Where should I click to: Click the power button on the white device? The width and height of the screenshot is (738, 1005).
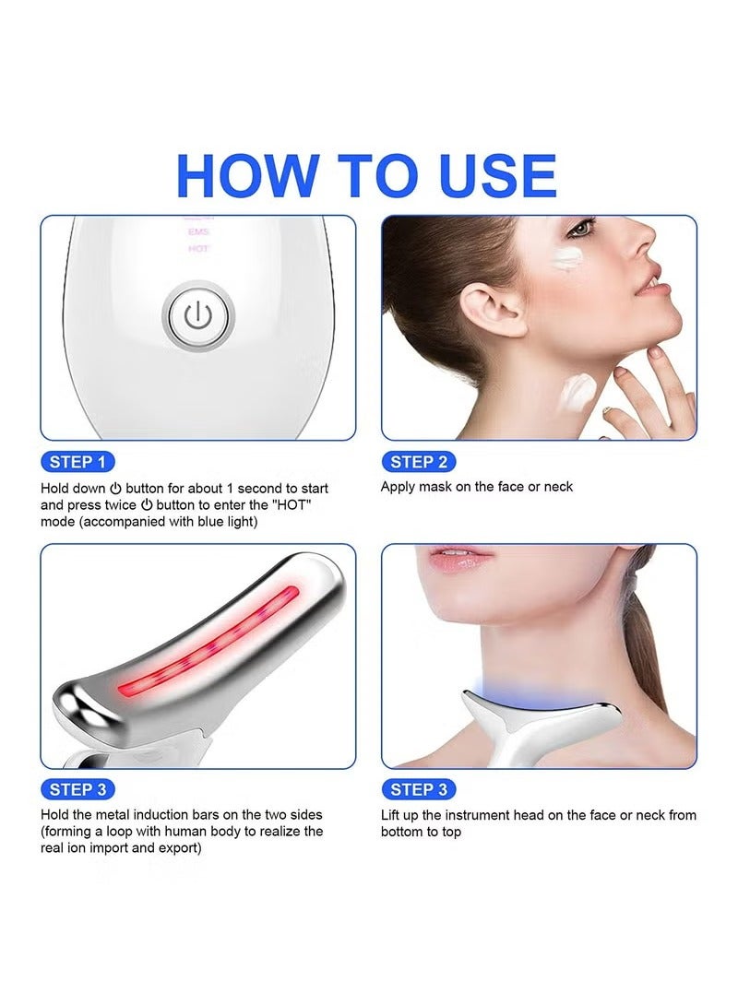click(198, 316)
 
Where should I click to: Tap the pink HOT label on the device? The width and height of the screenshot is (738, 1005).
click(198, 248)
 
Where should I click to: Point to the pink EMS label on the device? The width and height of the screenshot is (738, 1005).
click(198, 231)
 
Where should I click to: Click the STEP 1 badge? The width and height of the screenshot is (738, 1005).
click(77, 462)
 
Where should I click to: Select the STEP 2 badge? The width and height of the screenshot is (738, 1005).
click(419, 462)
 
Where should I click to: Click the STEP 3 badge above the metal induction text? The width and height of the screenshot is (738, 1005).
click(77, 789)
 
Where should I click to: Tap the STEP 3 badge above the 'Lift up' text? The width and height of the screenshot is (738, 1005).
click(419, 789)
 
